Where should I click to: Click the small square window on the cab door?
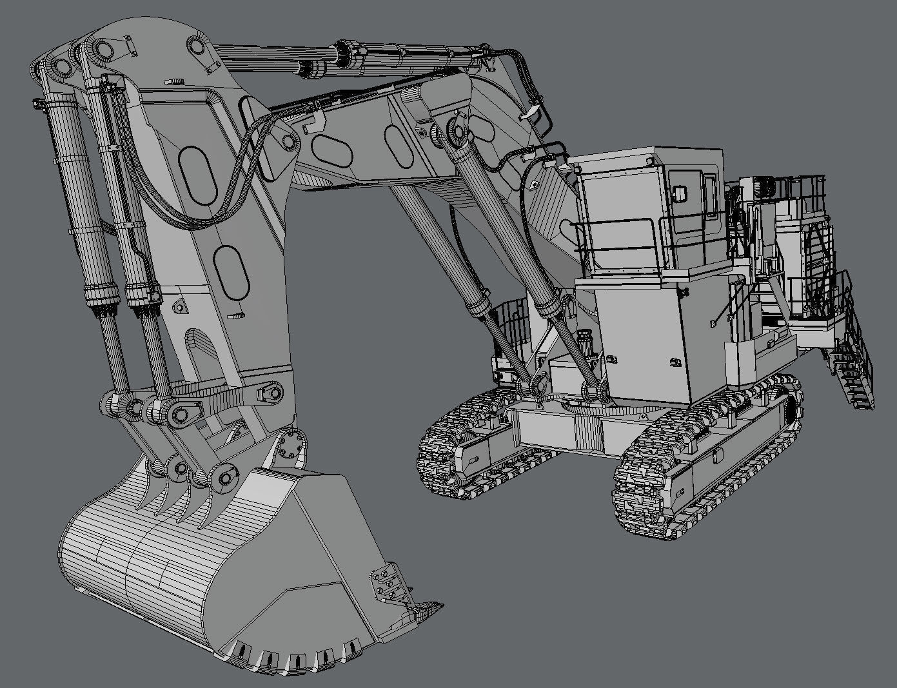pos(678,192)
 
